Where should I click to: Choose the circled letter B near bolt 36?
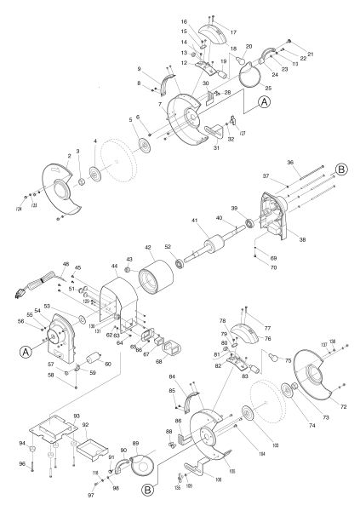point(340,170)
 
